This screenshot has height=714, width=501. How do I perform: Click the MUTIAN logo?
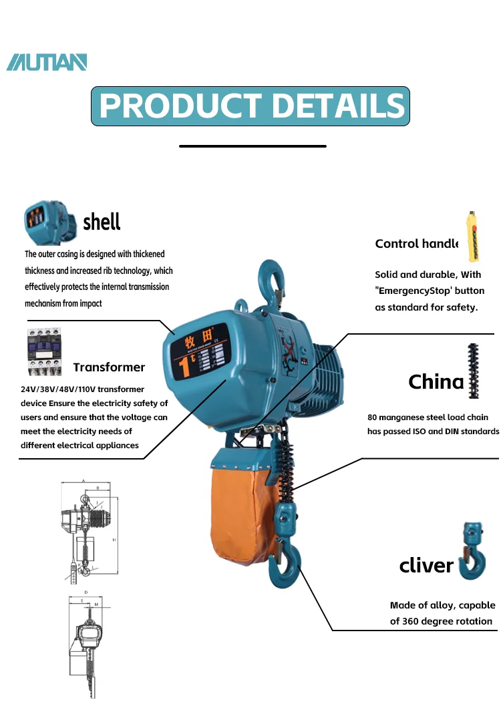click(47, 62)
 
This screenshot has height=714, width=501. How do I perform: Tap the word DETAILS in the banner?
click(339, 106)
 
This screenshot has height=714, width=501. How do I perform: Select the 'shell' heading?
click(102, 221)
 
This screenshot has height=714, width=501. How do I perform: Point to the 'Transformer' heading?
click(109, 367)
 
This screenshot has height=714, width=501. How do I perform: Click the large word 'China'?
click(436, 382)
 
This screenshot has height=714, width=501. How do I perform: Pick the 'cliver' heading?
click(426, 566)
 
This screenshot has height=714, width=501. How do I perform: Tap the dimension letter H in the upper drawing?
click(114, 539)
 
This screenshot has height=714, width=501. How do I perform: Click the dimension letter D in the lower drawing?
click(86, 592)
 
